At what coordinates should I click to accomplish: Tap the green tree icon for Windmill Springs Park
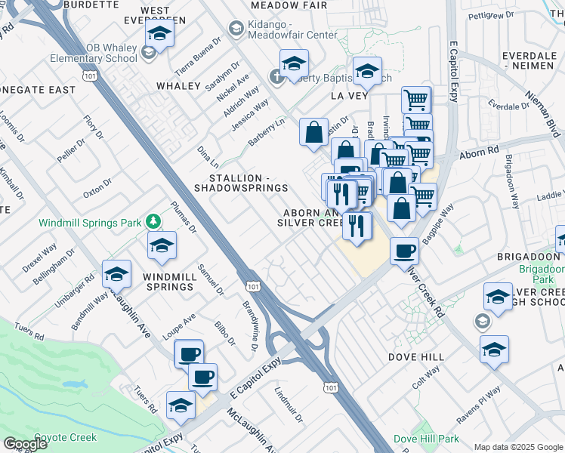pyautogui.click(x=154, y=220)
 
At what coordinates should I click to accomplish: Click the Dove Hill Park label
pyautogui.click(x=425, y=439)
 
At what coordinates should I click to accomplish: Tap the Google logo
pyautogui.click(x=25, y=443)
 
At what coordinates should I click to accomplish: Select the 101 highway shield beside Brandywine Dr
pyautogui.click(x=253, y=286)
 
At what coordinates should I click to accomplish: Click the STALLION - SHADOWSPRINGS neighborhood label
pyautogui.click(x=241, y=182)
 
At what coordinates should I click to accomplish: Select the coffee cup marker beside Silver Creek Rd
pyautogui.click(x=405, y=249)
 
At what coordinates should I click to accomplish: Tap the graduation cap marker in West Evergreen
pyautogui.click(x=159, y=33)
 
